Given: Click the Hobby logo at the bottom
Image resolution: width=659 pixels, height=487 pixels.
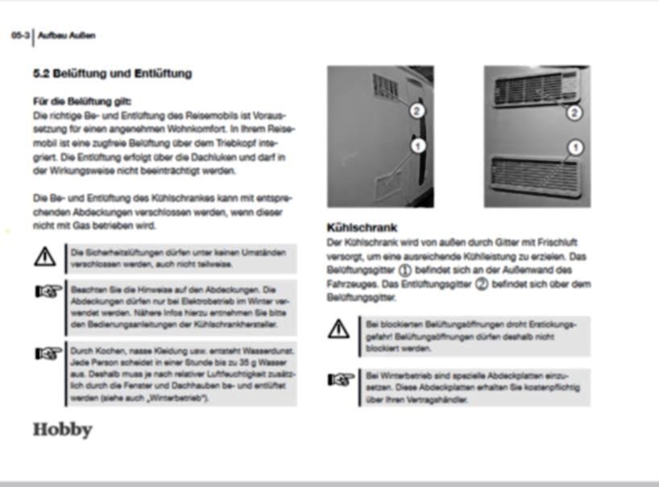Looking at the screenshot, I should [x=62, y=429].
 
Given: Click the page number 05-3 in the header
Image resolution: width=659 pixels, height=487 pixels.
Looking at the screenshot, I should [x=19, y=35].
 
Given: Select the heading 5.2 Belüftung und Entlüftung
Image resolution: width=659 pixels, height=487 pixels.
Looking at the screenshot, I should [x=112, y=74].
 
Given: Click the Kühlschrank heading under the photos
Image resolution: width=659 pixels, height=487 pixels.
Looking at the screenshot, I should [x=362, y=228].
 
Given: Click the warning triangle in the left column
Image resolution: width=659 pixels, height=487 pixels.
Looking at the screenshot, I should [x=45, y=257].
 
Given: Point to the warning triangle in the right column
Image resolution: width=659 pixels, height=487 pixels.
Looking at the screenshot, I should [x=339, y=328].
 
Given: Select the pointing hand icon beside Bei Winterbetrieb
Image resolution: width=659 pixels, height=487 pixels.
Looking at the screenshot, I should [x=339, y=379].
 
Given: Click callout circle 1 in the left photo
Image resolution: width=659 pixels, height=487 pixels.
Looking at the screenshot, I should [x=417, y=146].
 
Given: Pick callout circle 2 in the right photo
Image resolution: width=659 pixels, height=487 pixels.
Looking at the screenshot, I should [x=574, y=113].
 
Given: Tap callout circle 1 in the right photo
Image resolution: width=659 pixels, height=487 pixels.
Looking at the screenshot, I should [x=574, y=147].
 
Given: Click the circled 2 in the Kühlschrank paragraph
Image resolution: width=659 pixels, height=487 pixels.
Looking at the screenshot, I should [x=481, y=283].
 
